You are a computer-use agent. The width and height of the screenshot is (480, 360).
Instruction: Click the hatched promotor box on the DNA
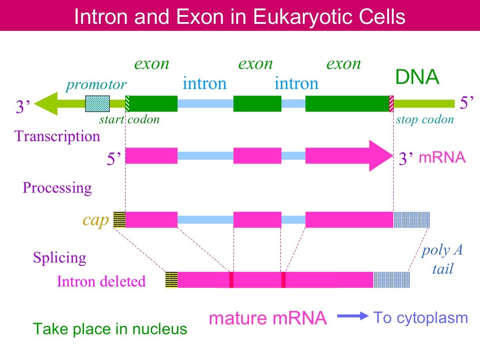97,104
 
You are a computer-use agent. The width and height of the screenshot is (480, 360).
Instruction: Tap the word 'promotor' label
96,85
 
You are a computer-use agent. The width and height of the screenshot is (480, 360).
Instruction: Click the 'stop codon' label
425,120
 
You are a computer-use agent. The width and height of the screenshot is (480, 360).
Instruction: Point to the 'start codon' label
129,120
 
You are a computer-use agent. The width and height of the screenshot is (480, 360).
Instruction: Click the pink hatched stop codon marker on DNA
391,104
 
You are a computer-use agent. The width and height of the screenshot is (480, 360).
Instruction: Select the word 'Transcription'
58,136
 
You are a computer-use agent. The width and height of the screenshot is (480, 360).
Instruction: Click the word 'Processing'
57,188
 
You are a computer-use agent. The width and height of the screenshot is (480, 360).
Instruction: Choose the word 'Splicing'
60,258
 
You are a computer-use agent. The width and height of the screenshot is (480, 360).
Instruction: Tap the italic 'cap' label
96,220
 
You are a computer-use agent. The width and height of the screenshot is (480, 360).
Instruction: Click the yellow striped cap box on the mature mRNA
172,280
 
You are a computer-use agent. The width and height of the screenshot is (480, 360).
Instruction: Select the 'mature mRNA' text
267,318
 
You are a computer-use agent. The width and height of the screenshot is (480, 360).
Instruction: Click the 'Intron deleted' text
101,282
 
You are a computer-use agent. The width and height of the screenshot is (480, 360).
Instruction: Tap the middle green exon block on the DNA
257,104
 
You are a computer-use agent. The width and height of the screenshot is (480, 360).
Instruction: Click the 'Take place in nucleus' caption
110,329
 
